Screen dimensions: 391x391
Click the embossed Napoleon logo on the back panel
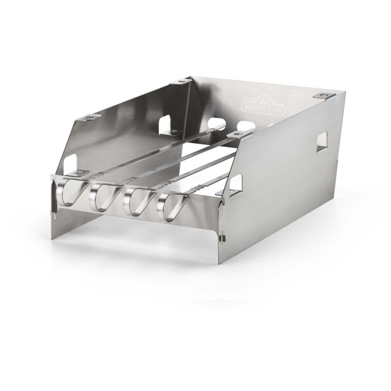tap(294, 103)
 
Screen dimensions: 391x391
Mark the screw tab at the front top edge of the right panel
tap(235, 133)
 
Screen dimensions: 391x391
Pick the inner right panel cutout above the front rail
tap(231, 187)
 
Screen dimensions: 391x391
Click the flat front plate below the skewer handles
tap(135, 227)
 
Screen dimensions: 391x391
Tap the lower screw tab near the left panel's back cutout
tap(174, 131)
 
